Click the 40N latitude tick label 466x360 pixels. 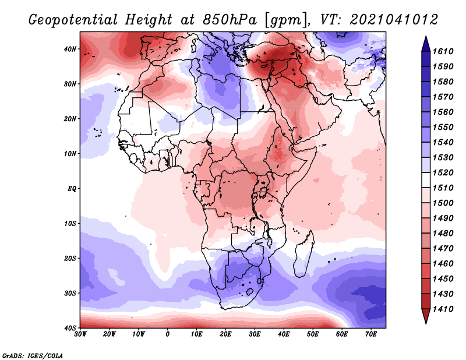tap(70, 49)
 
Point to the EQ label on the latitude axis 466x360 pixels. tap(72, 189)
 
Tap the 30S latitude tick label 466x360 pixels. tap(70, 294)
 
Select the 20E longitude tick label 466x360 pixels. tap(225, 334)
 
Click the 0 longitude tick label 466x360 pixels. tap(168, 334)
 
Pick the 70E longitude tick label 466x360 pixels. tap(371, 334)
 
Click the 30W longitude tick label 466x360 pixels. tap(80, 334)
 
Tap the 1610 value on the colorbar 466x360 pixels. tap(443, 51)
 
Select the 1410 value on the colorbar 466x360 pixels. tap(443, 309)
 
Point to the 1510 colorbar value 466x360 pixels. tap(443, 188)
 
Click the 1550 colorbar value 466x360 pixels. tap(443, 127)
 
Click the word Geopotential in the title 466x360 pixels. tap(73, 20)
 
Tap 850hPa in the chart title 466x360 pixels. tap(230, 20)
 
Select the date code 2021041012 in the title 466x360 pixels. tap(394, 20)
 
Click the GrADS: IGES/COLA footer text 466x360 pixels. tap(33, 355)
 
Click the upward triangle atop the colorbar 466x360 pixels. tap(426, 44)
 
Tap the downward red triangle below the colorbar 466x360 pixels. tap(426, 316)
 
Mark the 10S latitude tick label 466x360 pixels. tap(70, 224)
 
